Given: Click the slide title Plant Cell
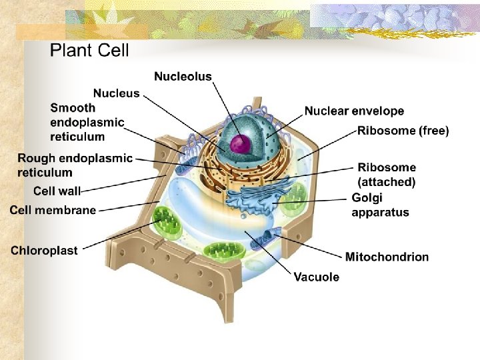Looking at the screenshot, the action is [89, 50].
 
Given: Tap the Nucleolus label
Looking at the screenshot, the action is [183, 77].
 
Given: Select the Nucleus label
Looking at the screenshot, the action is [116, 93].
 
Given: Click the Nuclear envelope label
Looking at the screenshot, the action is [354, 111].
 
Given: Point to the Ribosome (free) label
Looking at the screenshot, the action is [403, 131].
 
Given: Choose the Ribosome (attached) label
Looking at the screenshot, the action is [387, 175].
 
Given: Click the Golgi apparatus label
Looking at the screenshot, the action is [380, 205].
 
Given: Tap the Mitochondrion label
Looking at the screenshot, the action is [387, 257].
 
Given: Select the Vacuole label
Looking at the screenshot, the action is [316, 277].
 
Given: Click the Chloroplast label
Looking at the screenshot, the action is [44, 251].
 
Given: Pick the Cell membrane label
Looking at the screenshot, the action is [53, 210].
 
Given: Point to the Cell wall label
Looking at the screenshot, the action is [57, 191].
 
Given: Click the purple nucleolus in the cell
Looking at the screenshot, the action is [239, 143].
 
